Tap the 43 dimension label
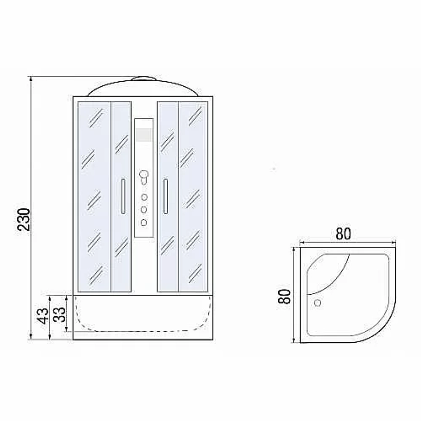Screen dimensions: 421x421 [x=43, y=316]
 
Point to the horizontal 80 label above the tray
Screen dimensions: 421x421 [x=343, y=234]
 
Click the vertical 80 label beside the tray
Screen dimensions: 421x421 [x=284, y=296]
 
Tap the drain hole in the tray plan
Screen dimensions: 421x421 [x=317, y=303]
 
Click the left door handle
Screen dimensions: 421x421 [x=123, y=196]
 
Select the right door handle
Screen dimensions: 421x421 [x=165, y=196]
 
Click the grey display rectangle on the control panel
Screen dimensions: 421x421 [x=144, y=135]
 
